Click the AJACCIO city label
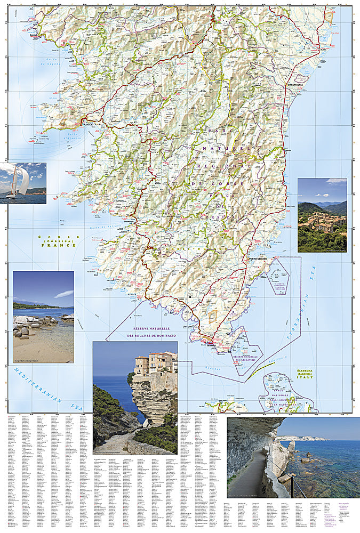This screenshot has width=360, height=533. [x=87, y=124]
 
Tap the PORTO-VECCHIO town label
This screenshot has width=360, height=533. [x=261, y=259]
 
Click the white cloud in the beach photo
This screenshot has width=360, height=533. [x=63, y=294]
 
